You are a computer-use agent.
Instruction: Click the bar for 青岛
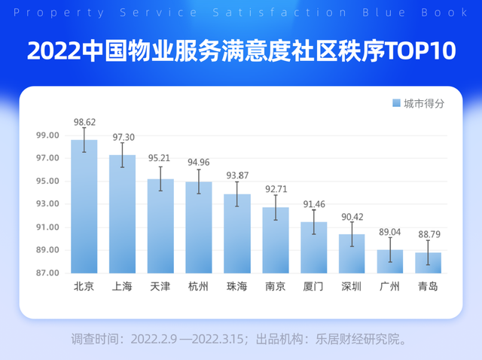click(428, 263)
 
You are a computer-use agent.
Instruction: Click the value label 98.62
click(84, 121)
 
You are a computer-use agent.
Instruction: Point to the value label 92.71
click(276, 189)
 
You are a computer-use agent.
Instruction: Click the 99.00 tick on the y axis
click(47, 136)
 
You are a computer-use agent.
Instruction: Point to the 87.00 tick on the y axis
click(47, 273)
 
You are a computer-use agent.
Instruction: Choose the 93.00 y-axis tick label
click(47, 204)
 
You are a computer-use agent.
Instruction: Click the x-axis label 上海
click(122, 287)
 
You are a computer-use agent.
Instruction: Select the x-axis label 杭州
click(199, 287)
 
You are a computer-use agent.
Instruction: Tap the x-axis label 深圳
click(352, 287)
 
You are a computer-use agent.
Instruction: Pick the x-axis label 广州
click(390, 287)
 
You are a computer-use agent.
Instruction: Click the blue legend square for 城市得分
click(396, 103)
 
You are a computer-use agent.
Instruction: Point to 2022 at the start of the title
click(52, 51)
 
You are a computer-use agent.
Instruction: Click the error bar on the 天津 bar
click(160, 178)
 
